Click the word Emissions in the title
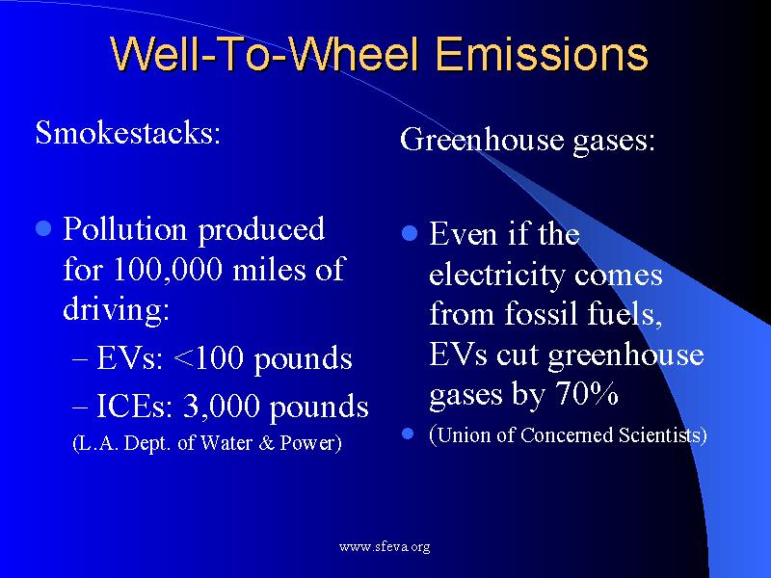click(542, 54)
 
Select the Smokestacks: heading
click(128, 132)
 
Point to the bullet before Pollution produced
click(42, 229)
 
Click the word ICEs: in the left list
click(122, 406)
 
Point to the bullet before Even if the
click(409, 234)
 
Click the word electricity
click(497, 276)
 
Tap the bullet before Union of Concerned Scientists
click(409, 434)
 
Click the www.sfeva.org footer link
click(385, 547)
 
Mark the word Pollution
click(124, 229)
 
